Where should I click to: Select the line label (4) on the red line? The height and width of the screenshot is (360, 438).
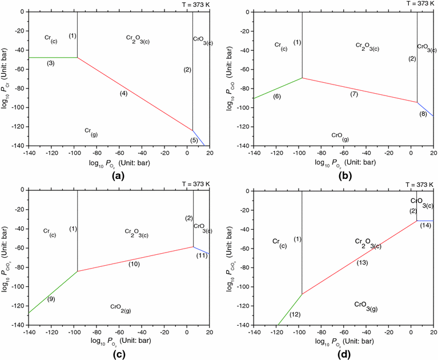click(123, 93)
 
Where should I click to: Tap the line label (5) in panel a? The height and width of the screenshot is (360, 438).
click(194, 140)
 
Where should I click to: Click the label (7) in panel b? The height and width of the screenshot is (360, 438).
click(354, 93)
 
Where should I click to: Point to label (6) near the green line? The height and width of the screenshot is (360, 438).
click(276, 97)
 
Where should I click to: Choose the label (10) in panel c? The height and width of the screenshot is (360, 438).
click(134, 264)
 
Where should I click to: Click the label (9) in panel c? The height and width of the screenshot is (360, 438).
click(51, 299)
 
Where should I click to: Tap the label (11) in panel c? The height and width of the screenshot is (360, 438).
click(201, 255)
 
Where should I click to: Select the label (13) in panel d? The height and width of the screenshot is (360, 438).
click(362, 262)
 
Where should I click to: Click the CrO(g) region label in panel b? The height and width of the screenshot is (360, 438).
click(340, 136)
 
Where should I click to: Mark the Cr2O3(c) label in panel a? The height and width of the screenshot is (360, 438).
click(138, 38)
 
